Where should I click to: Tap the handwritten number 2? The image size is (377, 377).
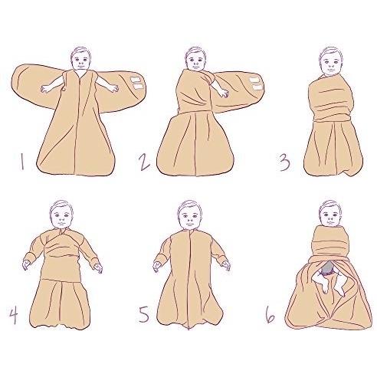coord(145,162)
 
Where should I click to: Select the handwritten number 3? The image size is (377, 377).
coord(284,162)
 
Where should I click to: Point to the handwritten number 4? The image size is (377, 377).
coord(14,315)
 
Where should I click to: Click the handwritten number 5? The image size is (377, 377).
coord(144,314)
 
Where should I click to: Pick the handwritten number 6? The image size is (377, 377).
coord(270,315)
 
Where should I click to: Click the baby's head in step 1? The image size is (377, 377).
coord(80,58)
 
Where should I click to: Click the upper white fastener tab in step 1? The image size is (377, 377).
coord(136,80)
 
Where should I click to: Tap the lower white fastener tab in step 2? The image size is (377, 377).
coord(257,87)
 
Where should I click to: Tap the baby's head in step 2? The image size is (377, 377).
coord(195,59)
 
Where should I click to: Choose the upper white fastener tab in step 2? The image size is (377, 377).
coord(255,80)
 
